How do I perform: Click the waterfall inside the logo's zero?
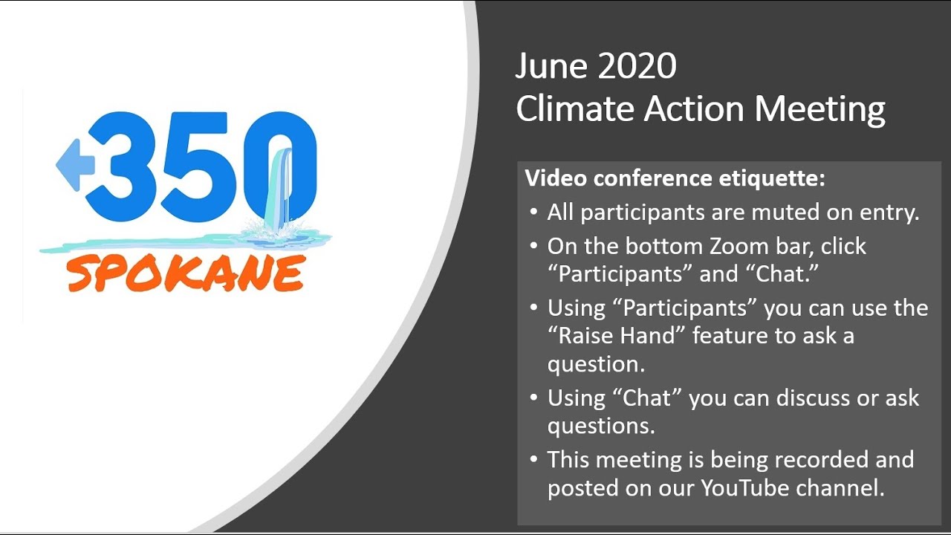281,186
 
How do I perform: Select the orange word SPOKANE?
185,273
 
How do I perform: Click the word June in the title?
551,67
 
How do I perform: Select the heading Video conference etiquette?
675,178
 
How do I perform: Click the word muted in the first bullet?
752,213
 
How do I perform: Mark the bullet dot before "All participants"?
533,213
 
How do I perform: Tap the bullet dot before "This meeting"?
533,460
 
